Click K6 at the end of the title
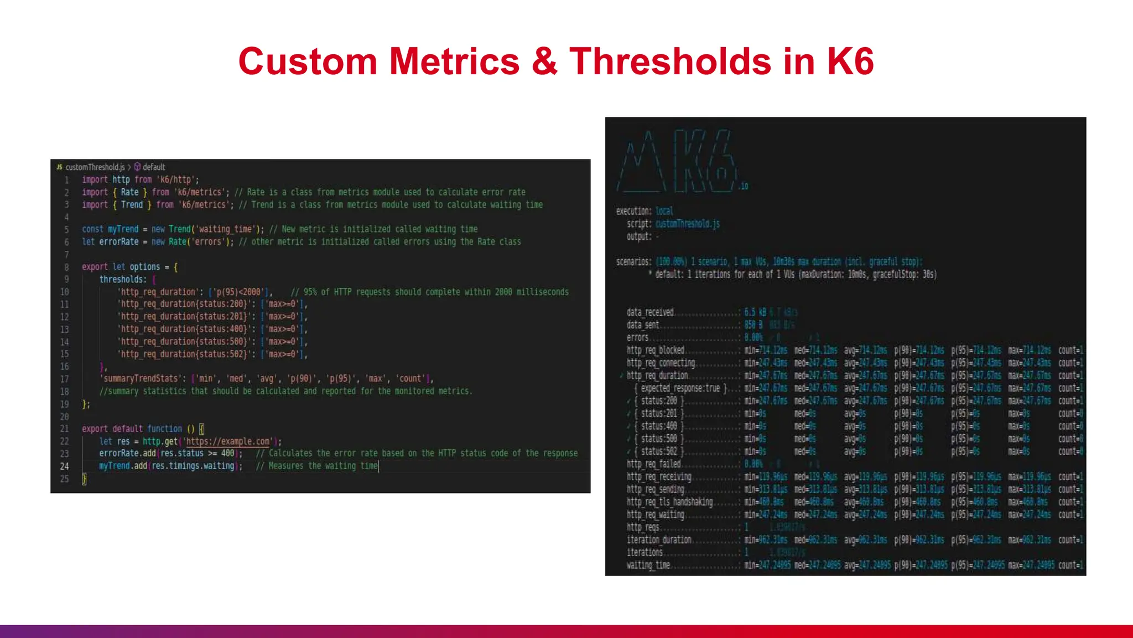click(850, 61)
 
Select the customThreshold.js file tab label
click(95, 167)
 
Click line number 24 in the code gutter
click(65, 466)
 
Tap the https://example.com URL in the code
click(228, 441)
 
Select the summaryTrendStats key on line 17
click(139, 379)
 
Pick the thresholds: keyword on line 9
click(123, 280)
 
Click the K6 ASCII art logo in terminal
click(680, 163)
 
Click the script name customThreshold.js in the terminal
click(688, 224)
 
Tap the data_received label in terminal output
click(650, 312)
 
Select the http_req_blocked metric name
click(656, 350)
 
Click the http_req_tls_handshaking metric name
click(669, 502)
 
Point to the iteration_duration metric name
click(659, 540)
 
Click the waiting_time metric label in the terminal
click(648, 565)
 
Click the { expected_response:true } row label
click(681, 388)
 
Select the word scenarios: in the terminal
click(633, 261)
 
